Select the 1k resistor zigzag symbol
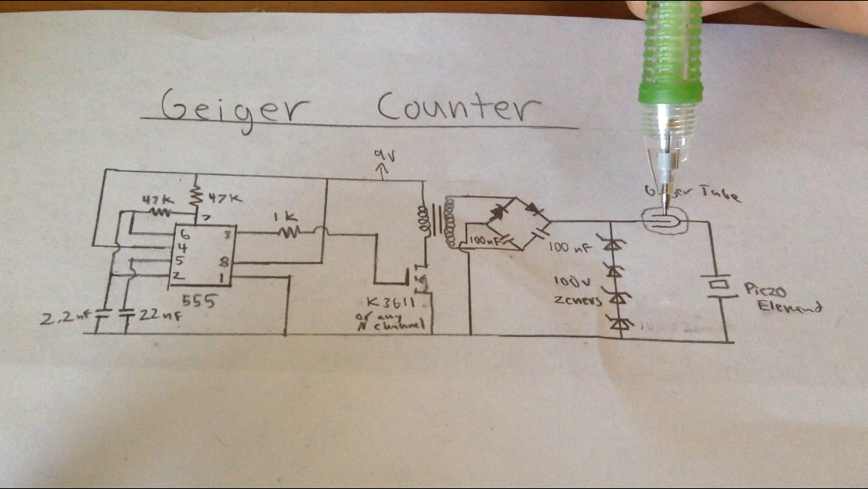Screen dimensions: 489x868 pyautogui.click(x=290, y=232)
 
